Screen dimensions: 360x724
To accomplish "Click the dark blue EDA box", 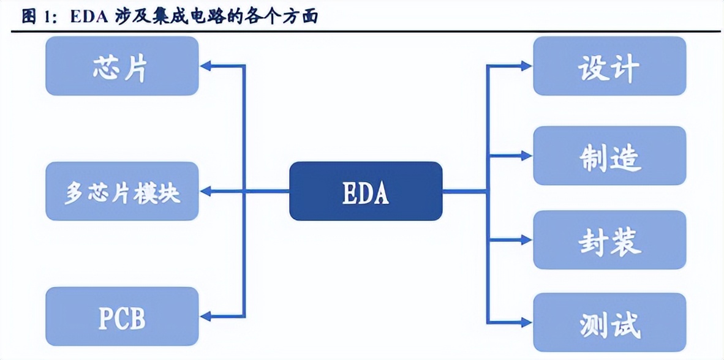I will point(366,191).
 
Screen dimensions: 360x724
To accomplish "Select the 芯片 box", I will point(122,66).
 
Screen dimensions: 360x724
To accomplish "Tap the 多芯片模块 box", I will point(122,191).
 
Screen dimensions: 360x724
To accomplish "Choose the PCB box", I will point(122,317).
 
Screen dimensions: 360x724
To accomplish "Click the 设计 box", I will point(609,66).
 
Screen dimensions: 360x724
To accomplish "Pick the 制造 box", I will point(609,156).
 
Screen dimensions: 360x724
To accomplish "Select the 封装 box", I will point(609,240).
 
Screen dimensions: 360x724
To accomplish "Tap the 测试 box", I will point(609,323).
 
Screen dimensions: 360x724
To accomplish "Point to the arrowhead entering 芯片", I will point(206,66).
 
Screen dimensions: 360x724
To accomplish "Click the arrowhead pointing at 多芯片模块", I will point(206,192).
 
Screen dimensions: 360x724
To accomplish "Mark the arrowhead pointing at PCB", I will point(206,317).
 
